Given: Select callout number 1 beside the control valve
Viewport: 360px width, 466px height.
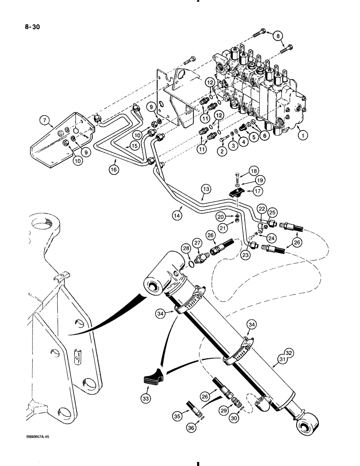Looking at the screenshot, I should [x=303, y=136].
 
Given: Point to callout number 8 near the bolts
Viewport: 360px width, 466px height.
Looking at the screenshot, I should [x=277, y=35].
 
